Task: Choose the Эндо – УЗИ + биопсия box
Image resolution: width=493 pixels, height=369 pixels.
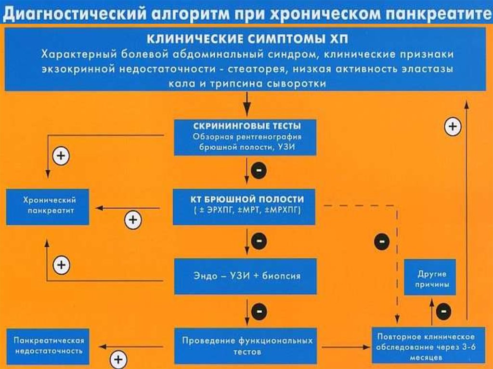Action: point(245,276)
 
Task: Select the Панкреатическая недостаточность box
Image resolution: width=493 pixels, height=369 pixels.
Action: point(48,346)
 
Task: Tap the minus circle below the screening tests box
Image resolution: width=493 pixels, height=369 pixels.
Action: point(259,170)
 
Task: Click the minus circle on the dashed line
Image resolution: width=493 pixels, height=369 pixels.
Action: point(382,241)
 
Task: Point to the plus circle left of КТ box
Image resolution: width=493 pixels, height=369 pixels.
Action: point(133,220)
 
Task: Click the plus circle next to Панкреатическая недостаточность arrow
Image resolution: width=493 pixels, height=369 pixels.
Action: point(118,359)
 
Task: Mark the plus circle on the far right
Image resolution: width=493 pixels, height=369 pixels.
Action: point(452,127)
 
